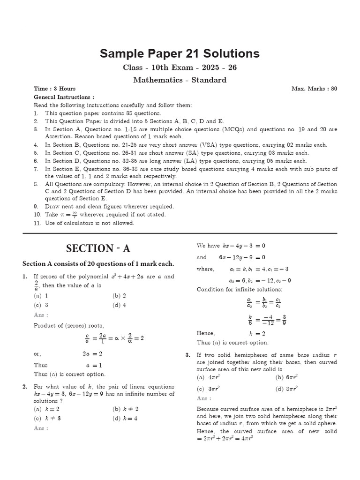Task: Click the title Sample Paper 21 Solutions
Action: (x=180, y=53)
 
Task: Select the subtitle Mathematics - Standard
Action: (x=180, y=80)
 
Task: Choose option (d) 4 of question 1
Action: (x=119, y=305)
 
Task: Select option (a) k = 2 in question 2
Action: (x=43, y=409)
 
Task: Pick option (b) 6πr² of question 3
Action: (x=287, y=377)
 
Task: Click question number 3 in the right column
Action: (x=187, y=355)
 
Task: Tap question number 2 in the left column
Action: (x=24, y=386)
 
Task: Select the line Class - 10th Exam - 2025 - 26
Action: (x=180, y=67)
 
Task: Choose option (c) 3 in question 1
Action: (x=41, y=305)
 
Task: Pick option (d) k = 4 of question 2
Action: (x=125, y=418)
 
